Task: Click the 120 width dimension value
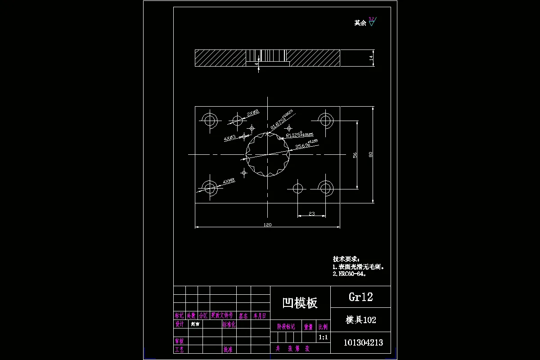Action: pyautogui.click(x=267, y=224)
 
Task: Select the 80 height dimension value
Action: pyautogui.click(x=370, y=154)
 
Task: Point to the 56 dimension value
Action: pyautogui.click(x=355, y=155)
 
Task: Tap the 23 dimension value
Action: pyautogui.click(x=311, y=213)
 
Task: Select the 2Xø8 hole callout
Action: pyautogui.click(x=253, y=114)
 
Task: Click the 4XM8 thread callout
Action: pyautogui.click(x=229, y=181)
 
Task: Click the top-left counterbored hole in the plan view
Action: pyautogui.click(x=210, y=120)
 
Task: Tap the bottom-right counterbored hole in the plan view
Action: pyautogui.click(x=325, y=187)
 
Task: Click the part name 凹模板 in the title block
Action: pyautogui.click(x=300, y=303)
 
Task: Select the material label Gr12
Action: pyautogui.click(x=360, y=297)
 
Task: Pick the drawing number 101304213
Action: pyautogui.click(x=363, y=342)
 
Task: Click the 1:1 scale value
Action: pyautogui.click(x=323, y=337)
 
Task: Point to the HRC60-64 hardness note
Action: pyautogui.click(x=350, y=274)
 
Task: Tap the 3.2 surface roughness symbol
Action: pyautogui.click(x=372, y=21)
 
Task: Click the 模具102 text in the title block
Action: pyautogui.click(x=360, y=320)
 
